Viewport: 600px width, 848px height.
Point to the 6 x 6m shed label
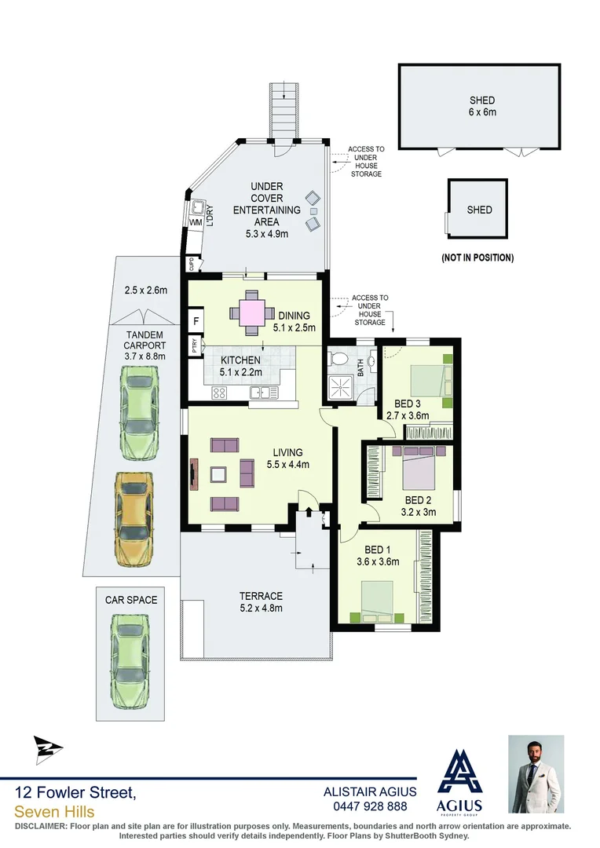(482, 106)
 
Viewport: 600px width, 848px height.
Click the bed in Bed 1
(377, 601)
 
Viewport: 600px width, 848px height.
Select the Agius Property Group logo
(459, 781)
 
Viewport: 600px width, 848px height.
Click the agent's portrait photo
(536, 773)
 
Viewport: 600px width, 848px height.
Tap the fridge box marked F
(194, 321)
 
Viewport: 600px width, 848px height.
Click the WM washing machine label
(196, 223)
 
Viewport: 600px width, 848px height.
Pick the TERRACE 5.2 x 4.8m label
(261, 601)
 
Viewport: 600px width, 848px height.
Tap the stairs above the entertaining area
(284, 110)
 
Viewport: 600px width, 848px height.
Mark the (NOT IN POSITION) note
(478, 257)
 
